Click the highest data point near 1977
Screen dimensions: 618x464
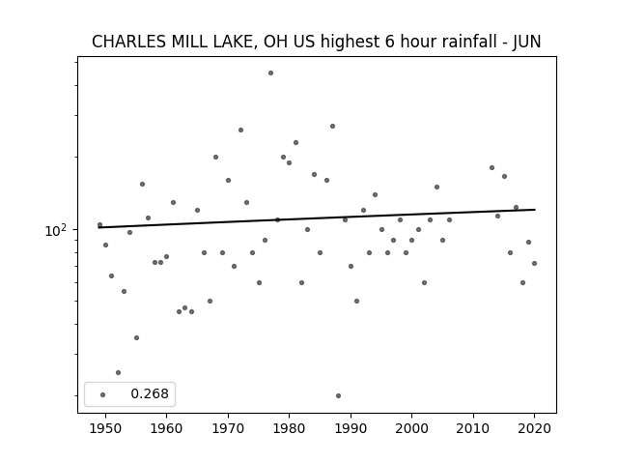tap(270, 73)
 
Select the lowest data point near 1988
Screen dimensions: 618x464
tap(338, 395)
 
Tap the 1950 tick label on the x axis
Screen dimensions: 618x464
tap(105, 428)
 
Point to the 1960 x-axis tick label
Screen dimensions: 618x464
tap(166, 428)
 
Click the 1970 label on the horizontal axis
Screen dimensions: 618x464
tap(228, 428)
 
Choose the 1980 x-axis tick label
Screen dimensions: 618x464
tap(289, 428)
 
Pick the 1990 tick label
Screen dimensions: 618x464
tap(351, 428)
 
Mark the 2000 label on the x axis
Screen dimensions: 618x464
tap(411, 428)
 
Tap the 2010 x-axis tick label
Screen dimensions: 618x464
tap(473, 428)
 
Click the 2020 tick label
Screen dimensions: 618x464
tap(534, 428)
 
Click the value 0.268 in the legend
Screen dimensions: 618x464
tap(150, 393)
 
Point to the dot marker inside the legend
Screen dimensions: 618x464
tap(102, 394)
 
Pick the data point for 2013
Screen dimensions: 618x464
tap(492, 167)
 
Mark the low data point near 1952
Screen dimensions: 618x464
tap(118, 372)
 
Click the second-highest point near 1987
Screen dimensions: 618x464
tap(332, 127)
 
